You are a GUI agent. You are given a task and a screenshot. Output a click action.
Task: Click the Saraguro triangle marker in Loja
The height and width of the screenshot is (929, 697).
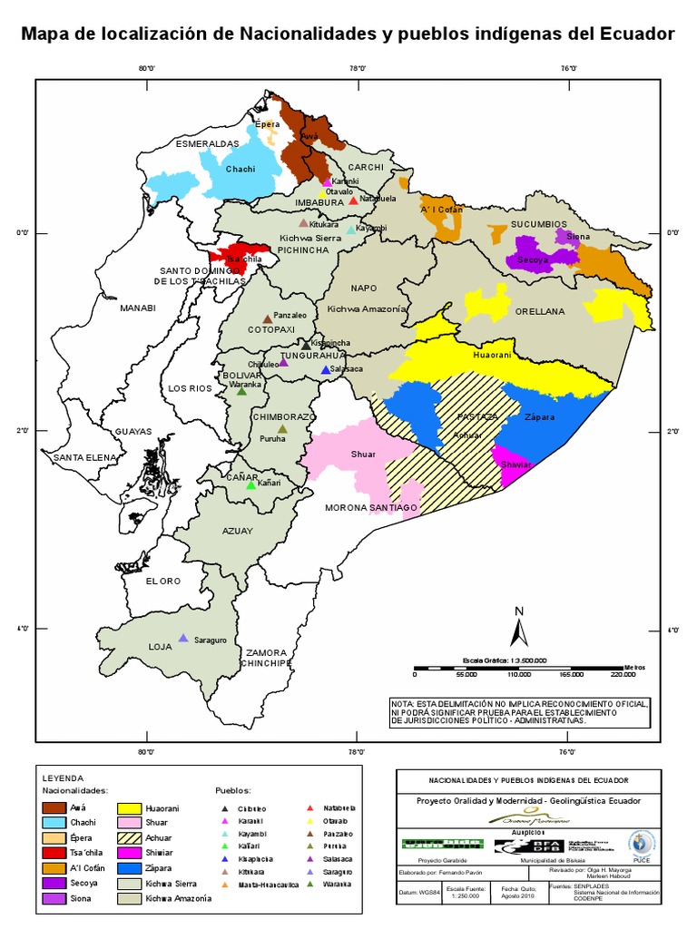(183, 639)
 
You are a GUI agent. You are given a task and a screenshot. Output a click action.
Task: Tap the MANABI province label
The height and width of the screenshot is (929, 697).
(138, 308)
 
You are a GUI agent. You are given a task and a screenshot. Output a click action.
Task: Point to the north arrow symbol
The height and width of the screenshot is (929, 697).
(518, 627)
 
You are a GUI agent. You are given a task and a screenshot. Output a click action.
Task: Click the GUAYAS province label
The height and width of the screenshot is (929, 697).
(133, 431)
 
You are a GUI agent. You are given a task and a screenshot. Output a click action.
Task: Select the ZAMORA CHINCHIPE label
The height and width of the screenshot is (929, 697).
(265, 658)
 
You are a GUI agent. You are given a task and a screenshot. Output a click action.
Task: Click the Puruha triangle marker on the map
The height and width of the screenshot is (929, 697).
(282, 429)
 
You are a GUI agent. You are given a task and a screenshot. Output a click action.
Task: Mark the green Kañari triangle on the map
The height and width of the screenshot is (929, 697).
(251, 486)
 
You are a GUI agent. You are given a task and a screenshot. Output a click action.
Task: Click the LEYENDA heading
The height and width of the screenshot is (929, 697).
(63, 777)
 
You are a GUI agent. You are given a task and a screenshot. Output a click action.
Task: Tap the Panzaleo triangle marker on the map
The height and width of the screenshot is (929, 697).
(267, 319)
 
